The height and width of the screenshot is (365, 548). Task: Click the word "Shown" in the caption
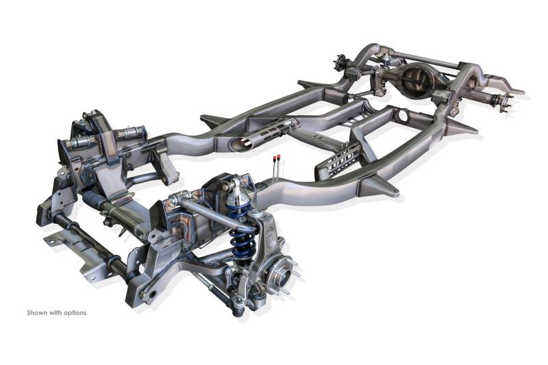[37, 312]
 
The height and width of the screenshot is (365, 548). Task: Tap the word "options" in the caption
[75, 313]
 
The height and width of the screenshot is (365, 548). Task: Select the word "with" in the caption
[55, 312]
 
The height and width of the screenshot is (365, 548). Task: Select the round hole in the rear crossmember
[403, 116]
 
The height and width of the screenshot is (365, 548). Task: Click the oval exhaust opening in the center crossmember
[241, 142]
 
